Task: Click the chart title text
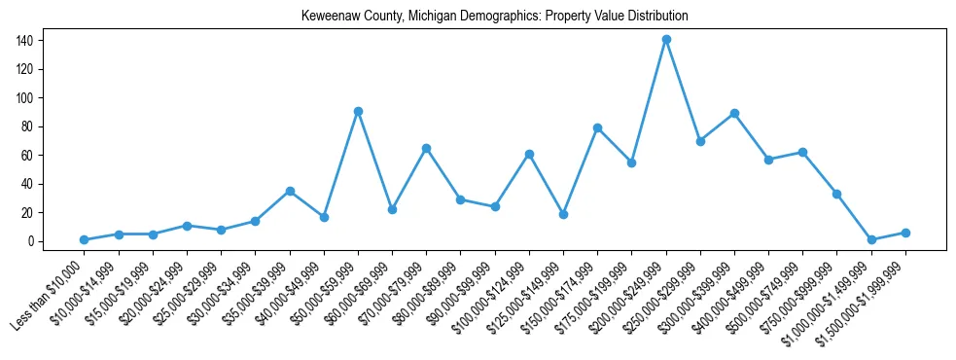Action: pos(495,17)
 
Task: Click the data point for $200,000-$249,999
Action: pos(666,40)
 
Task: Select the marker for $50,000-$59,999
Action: pos(358,111)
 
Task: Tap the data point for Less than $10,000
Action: pos(85,239)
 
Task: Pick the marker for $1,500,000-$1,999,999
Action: pos(905,233)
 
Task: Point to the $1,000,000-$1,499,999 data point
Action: pos(871,239)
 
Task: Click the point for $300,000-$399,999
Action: pos(734,113)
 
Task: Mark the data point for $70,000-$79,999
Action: pos(426,148)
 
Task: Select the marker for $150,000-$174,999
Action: pos(597,127)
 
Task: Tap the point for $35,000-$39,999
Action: pos(290,191)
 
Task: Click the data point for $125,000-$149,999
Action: pos(563,214)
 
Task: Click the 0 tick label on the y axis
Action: pos(32,241)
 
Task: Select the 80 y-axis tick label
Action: pos(29,126)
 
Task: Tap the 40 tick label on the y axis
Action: pos(29,184)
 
